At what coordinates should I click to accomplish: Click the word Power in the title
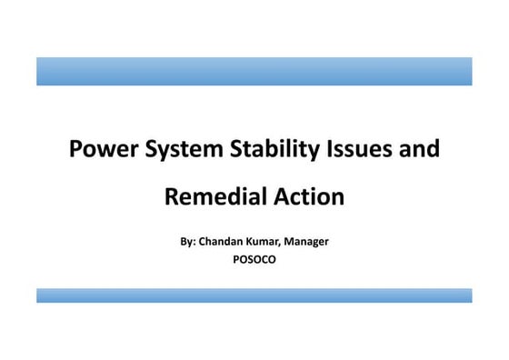pos(101,148)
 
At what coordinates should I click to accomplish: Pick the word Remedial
pos(212,195)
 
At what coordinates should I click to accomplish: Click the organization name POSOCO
pos(254,259)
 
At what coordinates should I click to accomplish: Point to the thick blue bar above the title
pos(254,71)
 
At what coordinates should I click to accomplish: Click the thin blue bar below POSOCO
pos(254,295)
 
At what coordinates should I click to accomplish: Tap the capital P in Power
pos(76,148)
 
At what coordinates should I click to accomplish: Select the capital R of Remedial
pos(172,195)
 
